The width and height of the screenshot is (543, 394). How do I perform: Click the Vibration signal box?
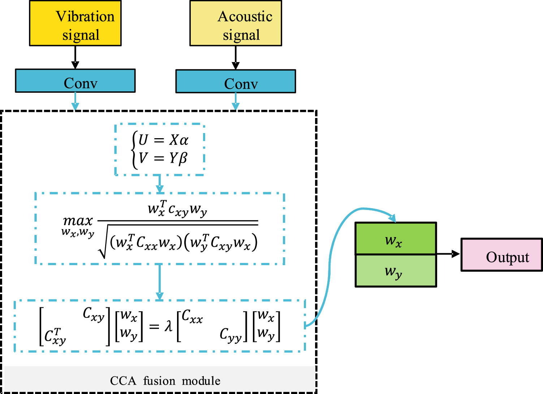(75, 23)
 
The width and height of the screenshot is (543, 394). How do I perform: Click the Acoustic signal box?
(236, 23)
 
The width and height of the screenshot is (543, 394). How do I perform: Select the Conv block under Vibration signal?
(75, 81)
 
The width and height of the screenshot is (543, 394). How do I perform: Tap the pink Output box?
(501, 255)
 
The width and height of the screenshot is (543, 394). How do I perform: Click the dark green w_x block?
(396, 239)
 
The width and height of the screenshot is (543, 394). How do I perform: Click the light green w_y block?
(396, 271)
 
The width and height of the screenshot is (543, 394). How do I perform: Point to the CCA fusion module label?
(165, 381)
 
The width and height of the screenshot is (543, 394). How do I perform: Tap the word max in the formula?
(78, 220)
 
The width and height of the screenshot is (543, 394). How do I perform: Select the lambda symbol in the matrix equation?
(168, 326)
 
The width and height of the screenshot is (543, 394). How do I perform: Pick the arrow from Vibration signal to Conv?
(75, 58)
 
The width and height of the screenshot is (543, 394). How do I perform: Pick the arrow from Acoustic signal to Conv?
(236, 58)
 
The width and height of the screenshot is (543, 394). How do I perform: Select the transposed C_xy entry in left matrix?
(55, 336)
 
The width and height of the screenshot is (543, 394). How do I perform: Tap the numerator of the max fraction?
(177, 209)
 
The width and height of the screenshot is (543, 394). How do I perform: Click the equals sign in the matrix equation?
(154, 327)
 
